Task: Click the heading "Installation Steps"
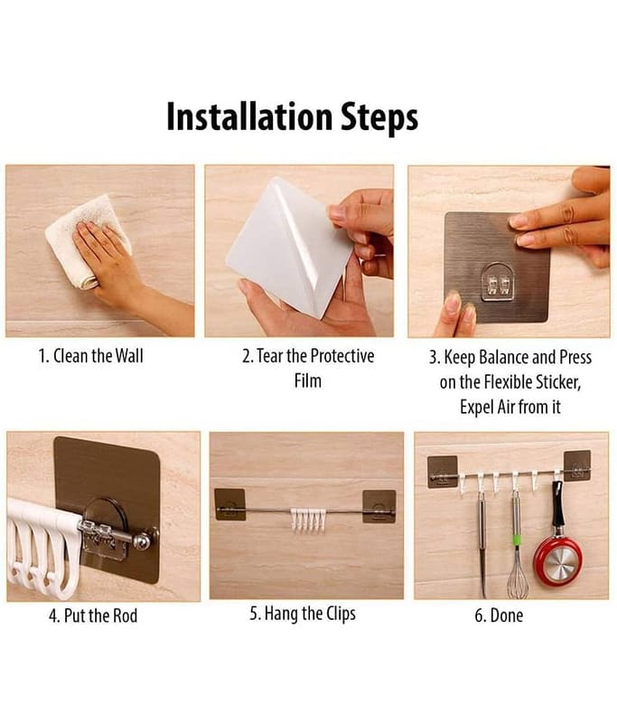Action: tap(292, 117)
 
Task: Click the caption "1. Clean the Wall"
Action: tap(90, 356)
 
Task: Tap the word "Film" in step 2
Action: tap(308, 380)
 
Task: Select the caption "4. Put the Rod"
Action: tap(93, 615)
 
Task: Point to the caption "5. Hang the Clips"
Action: tap(303, 614)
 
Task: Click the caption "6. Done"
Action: tap(499, 615)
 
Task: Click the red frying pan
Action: tap(557, 559)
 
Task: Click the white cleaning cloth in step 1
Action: tap(89, 239)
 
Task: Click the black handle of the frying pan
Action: tap(557, 505)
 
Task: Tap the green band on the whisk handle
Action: tap(517, 539)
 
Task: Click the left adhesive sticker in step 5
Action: tap(230, 504)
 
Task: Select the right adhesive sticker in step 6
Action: tap(577, 465)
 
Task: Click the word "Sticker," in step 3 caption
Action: tap(558, 382)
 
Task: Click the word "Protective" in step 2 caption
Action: tap(342, 356)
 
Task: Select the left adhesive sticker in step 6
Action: tap(443, 471)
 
